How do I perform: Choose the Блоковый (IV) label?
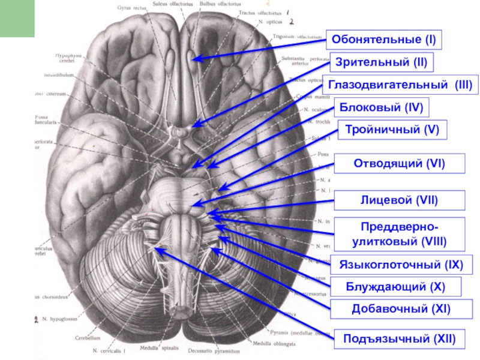382,107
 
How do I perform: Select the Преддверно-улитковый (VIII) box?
398,235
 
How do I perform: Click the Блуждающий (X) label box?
395,287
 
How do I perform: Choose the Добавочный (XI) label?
401,310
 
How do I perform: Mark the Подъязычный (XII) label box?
399,340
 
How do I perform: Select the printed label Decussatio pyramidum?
209,350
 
